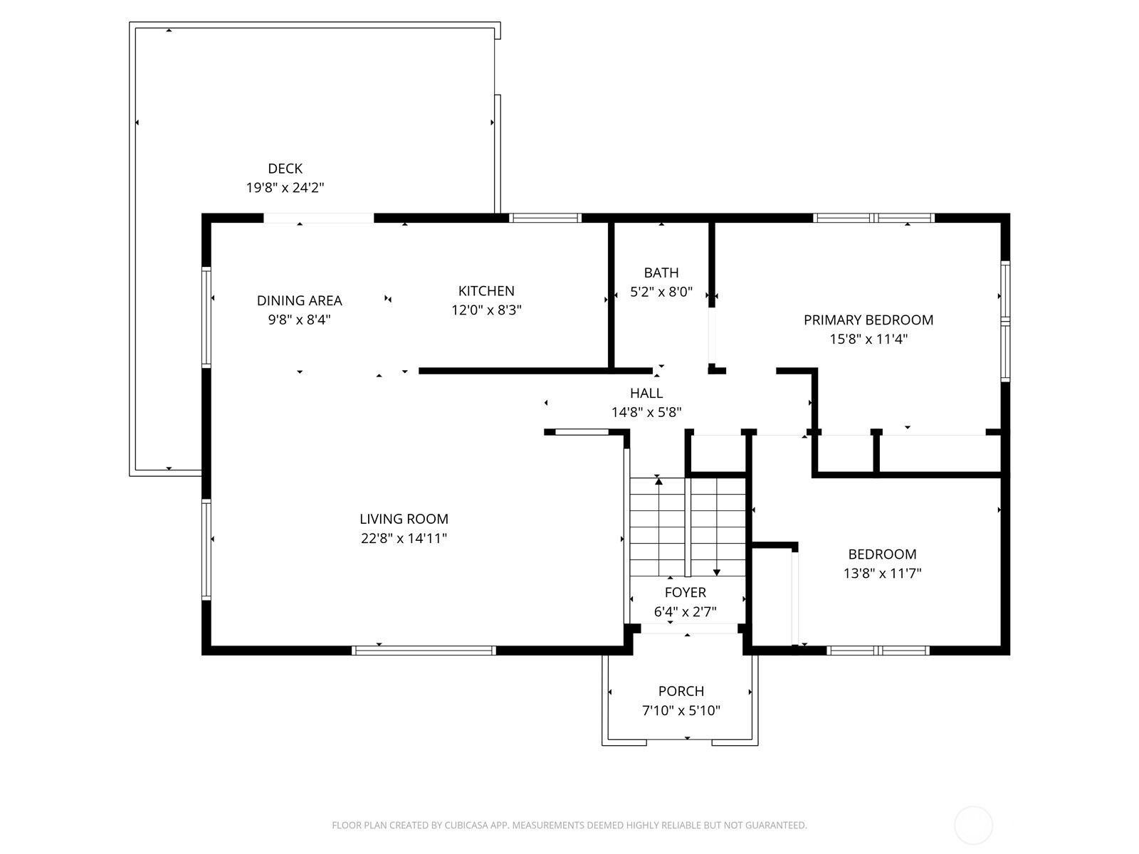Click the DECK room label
click(285, 169)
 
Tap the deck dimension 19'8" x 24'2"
click(285, 188)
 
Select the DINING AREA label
click(300, 301)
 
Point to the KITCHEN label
click(486, 291)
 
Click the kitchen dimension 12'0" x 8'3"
click(486, 310)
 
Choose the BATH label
click(661, 273)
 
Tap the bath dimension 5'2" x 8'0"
click(661, 292)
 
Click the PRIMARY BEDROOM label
click(868, 320)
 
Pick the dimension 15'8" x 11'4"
click(868, 339)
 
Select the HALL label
click(646, 393)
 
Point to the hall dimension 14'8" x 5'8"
click(646, 412)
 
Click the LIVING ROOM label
click(404, 519)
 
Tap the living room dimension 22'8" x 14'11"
click(404, 538)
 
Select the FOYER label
click(685, 592)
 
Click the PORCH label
click(681, 691)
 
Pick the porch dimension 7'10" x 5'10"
click(681, 710)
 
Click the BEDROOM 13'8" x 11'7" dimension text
click(882, 574)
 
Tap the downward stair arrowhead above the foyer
click(717, 572)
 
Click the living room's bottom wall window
click(424, 650)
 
